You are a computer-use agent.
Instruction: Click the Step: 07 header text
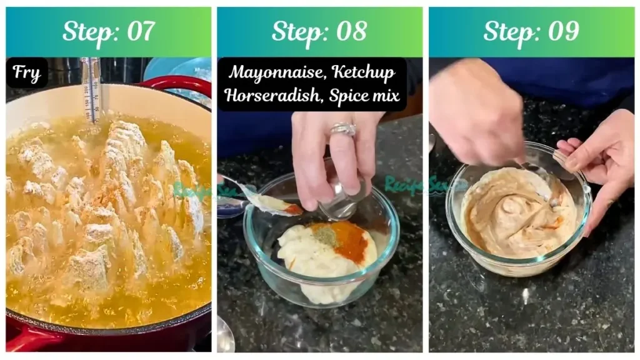pyautogui.click(x=109, y=31)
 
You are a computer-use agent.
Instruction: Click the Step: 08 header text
pyautogui.click(x=319, y=31)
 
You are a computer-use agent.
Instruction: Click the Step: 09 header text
pyautogui.click(x=531, y=31)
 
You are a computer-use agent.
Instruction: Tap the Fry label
pyautogui.click(x=27, y=73)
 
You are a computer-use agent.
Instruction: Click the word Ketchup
pyautogui.click(x=364, y=72)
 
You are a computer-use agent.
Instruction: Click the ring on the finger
pyautogui.click(x=343, y=129)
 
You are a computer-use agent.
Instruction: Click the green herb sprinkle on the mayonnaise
pyautogui.click(x=323, y=236)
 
